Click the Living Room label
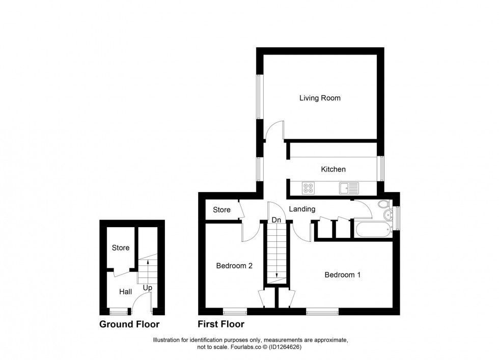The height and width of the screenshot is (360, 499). click(320, 98)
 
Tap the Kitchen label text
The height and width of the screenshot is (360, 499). click(333, 169)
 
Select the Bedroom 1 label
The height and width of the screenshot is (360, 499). click(343, 275)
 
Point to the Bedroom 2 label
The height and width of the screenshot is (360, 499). click(234, 265)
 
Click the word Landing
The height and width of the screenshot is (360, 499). click(302, 209)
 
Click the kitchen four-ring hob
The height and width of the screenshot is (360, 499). click(309, 188)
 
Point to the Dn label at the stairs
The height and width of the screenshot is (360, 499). click(277, 220)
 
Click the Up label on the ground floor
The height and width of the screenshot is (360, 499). click(147, 288)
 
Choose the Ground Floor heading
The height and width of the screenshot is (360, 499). click(129, 324)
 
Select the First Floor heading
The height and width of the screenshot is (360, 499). click(221, 324)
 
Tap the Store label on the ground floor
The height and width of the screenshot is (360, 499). click(121, 248)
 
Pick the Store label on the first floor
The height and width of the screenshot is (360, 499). click(221, 210)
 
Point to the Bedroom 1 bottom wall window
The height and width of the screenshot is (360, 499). click(323, 311)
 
